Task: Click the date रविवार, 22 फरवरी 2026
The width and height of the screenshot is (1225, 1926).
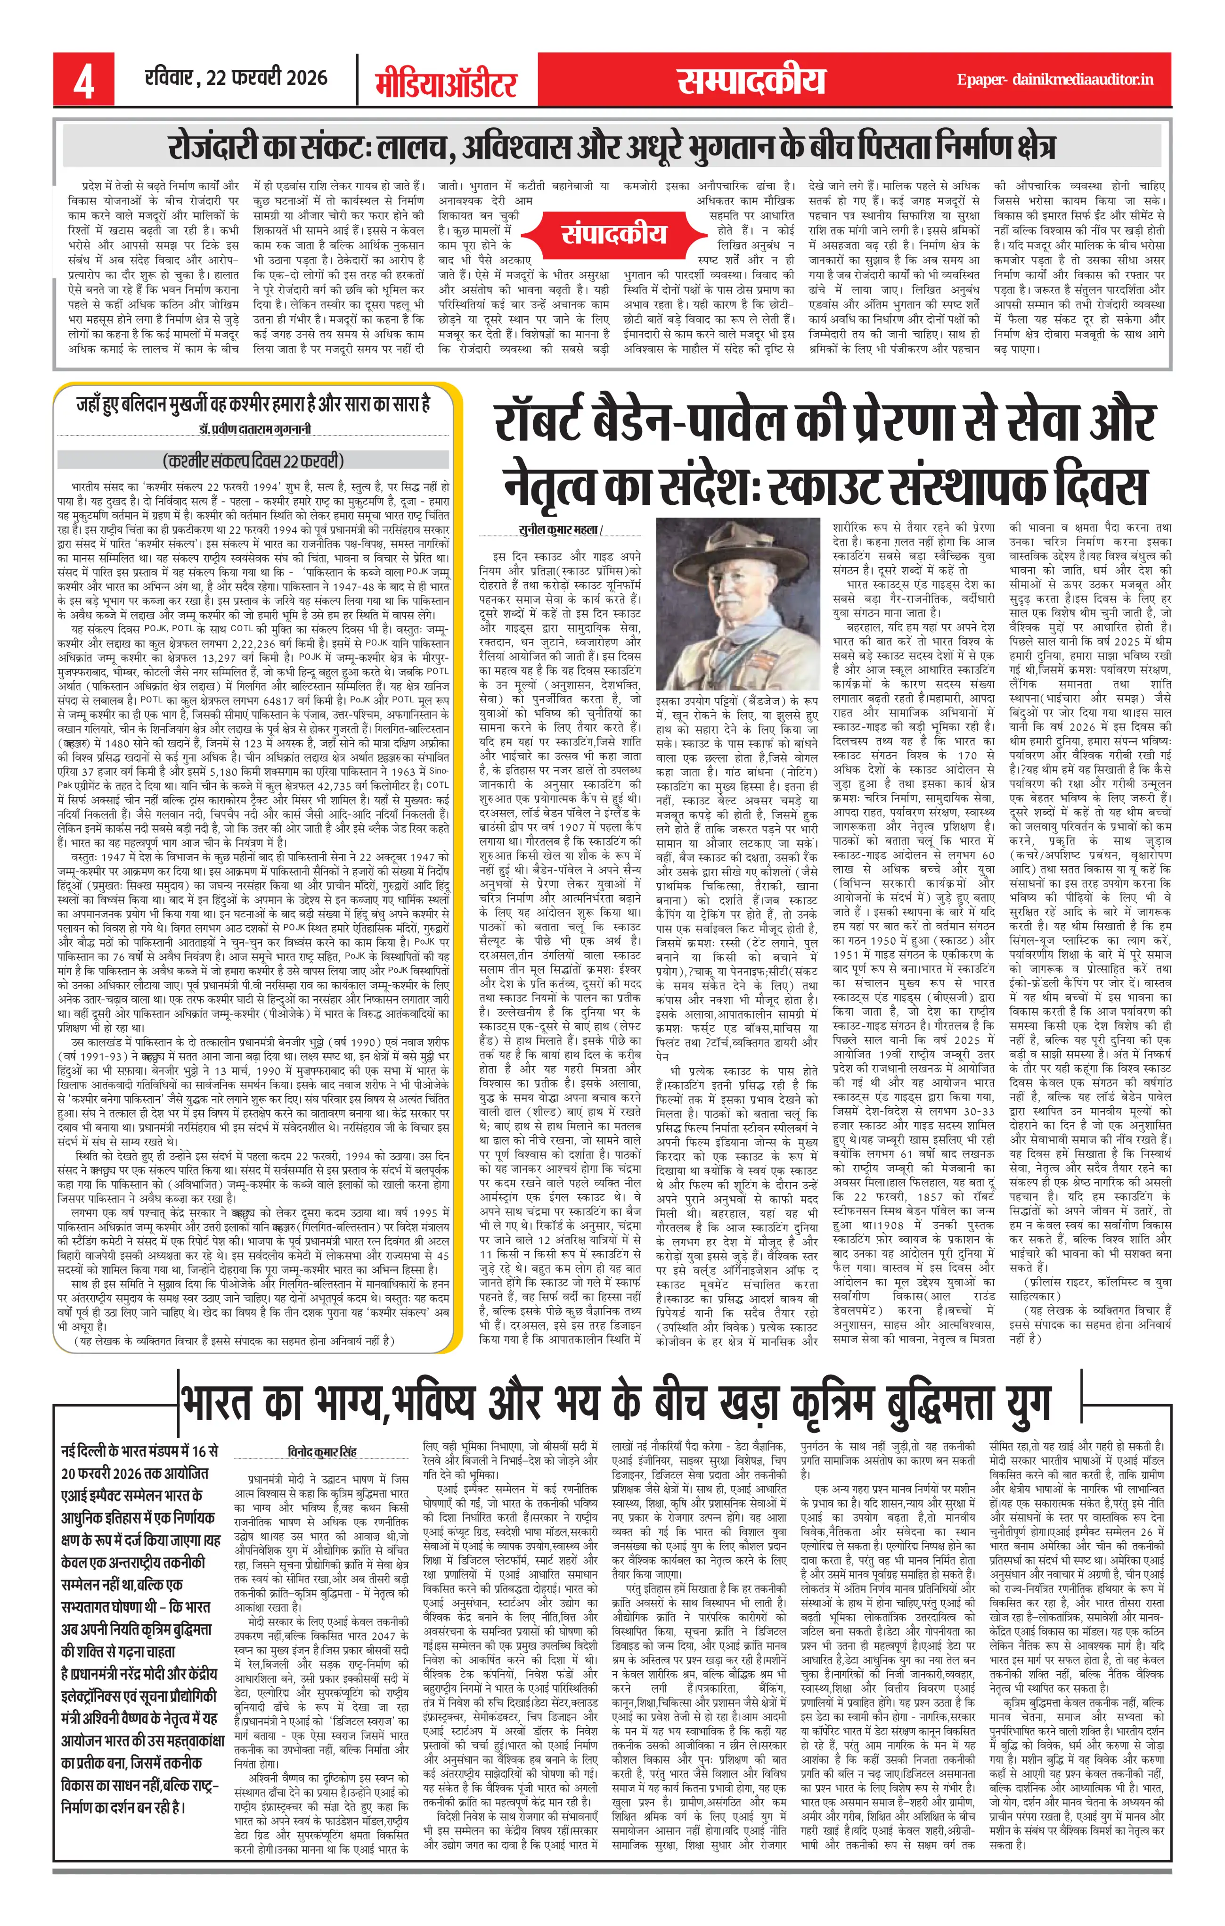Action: (236, 78)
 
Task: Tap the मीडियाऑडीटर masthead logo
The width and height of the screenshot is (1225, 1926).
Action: (446, 82)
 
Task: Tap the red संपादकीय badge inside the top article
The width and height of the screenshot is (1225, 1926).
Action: (613, 233)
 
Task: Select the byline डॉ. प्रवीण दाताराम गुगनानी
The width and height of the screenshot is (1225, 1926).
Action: (254, 429)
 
